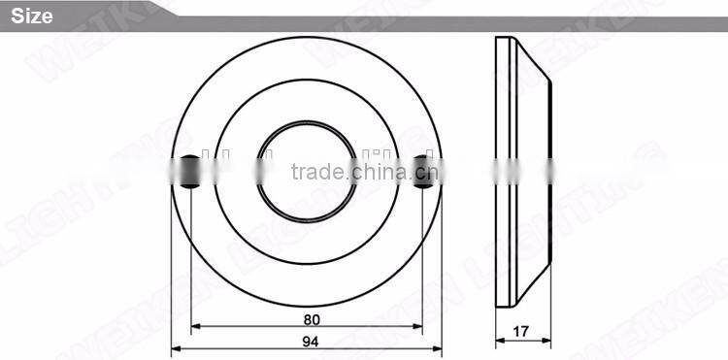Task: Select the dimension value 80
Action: pos(312,319)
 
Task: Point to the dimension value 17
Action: pos(521,331)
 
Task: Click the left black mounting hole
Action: pos(190,172)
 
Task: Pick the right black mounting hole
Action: pos(422,172)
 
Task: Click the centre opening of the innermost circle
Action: pos(306,171)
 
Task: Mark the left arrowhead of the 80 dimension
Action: pos(194,328)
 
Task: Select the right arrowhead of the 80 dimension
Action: pos(418,328)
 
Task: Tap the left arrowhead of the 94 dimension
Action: pos(176,348)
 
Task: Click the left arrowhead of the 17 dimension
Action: pos(500,341)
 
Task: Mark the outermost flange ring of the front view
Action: pos(306,54)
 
